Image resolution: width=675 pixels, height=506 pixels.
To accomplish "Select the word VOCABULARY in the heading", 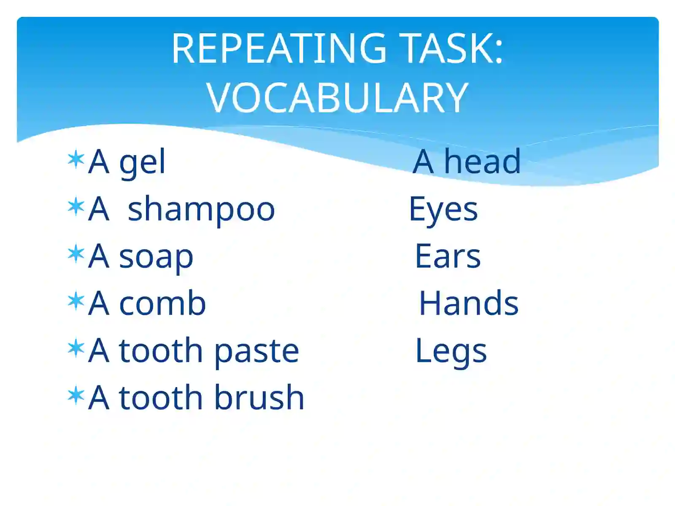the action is tap(337, 97).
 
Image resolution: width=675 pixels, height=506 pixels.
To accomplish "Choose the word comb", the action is tap(162, 303).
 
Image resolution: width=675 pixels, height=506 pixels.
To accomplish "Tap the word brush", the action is tap(259, 397).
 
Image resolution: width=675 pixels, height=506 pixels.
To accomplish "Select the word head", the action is tap(483, 161).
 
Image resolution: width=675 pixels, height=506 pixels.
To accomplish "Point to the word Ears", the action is tap(448, 256).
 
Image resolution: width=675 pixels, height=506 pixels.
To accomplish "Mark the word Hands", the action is tap(469, 303).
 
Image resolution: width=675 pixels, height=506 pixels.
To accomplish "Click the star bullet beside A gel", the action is tap(76, 159).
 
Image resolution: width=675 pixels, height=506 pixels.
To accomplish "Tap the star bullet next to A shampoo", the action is tap(76, 207).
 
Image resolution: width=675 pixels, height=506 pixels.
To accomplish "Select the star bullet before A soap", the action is tap(76, 254).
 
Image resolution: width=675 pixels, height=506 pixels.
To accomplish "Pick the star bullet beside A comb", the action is tap(76, 301).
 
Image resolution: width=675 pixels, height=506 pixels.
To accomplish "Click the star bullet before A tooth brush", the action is tap(76, 396).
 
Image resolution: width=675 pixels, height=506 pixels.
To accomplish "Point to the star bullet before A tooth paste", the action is tap(76, 348).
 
